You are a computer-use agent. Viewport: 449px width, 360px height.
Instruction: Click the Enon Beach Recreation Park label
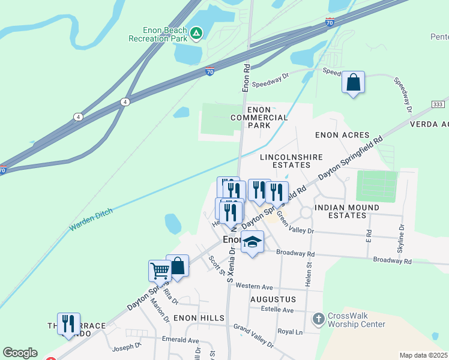tap(158, 34)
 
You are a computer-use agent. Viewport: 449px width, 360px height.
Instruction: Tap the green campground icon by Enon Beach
tap(197, 33)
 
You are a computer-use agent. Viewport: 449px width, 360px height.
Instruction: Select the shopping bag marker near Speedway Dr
tap(354, 82)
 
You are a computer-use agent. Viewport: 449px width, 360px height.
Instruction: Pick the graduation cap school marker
tap(253, 242)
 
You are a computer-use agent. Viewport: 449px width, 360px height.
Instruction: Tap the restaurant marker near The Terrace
tap(68, 324)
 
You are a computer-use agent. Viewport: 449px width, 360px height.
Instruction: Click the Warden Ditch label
tap(91, 220)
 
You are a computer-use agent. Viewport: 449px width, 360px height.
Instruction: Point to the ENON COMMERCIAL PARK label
tap(259, 117)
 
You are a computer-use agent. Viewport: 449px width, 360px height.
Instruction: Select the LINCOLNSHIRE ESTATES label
tap(291, 161)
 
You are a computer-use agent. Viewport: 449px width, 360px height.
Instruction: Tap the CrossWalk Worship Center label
tap(357, 320)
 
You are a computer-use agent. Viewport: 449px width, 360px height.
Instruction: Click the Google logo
tap(20, 353)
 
